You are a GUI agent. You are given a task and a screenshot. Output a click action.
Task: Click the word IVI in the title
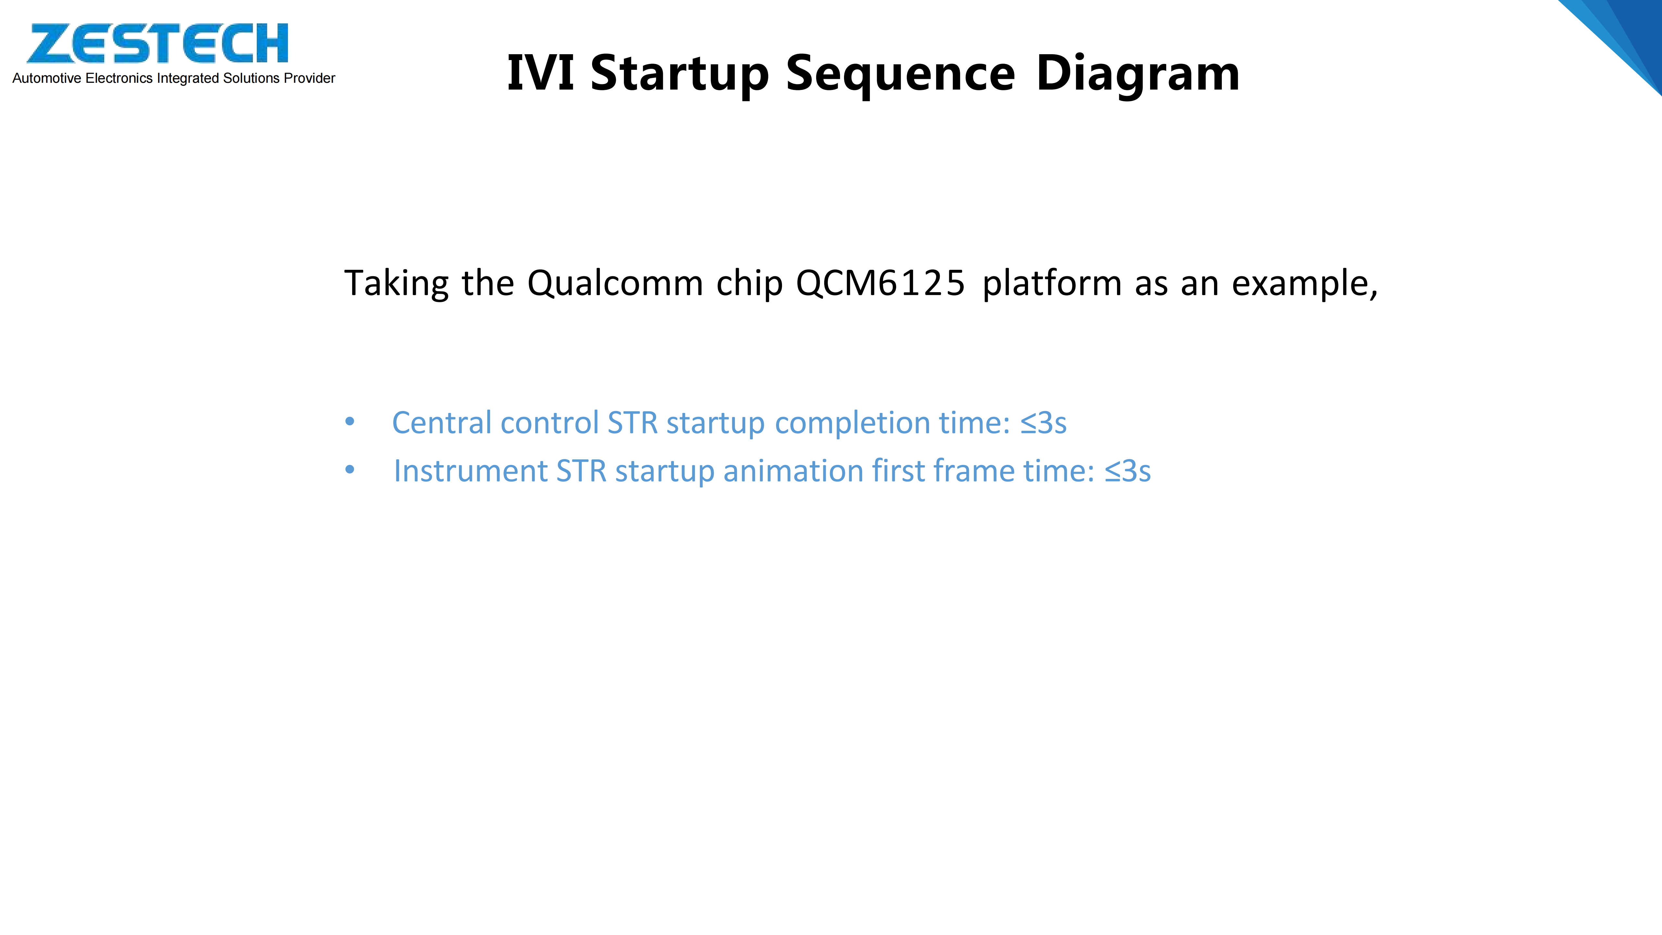coord(540,73)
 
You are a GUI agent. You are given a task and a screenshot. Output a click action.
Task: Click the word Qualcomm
coord(615,284)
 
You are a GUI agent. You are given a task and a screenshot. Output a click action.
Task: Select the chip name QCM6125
coord(880,284)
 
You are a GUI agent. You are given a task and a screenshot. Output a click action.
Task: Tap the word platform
coord(1052,284)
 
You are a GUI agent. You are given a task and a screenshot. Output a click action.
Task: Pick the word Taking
coord(396,284)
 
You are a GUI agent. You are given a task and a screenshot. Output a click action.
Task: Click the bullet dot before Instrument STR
coord(350,470)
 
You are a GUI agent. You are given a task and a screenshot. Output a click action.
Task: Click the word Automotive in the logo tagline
coord(47,78)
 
